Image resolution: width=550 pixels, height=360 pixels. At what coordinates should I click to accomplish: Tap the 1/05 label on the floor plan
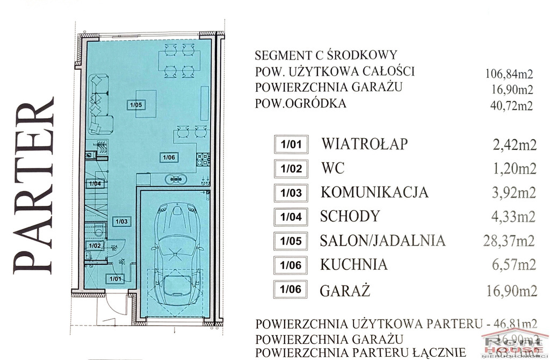pyautogui.click(x=135, y=105)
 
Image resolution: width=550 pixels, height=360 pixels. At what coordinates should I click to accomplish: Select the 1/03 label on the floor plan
pyautogui.click(x=121, y=221)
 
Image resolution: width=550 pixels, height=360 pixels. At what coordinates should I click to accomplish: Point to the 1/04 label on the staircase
pyautogui.click(x=95, y=184)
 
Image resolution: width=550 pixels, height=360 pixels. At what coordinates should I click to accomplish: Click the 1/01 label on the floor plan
pyautogui.click(x=114, y=278)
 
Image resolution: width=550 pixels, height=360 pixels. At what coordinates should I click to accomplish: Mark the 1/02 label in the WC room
pyautogui.click(x=95, y=246)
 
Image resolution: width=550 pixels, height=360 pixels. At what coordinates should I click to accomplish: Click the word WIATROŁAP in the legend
pyautogui.click(x=365, y=144)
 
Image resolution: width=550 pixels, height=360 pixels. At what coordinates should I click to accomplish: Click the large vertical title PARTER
pyautogui.click(x=33, y=185)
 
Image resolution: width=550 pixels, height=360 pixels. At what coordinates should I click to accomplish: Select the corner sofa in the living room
pyautogui.click(x=100, y=103)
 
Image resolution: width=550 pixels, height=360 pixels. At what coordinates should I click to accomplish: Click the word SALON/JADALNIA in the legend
pyautogui.click(x=382, y=241)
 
